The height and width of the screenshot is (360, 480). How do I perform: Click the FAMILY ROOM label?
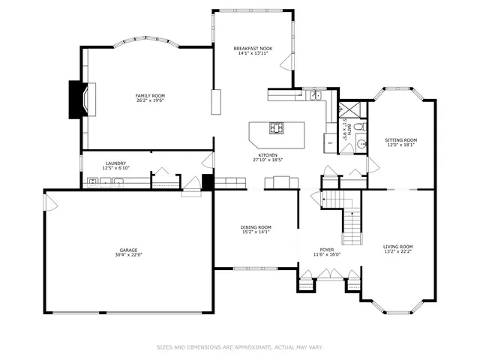pos(150,95)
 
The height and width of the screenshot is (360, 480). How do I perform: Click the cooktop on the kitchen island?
pos(277,128)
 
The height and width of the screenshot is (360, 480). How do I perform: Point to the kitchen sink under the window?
pos(316,95)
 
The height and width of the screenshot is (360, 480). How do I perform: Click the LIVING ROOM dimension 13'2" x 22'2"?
pos(397,252)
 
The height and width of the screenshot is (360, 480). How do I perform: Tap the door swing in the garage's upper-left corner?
pos(51,202)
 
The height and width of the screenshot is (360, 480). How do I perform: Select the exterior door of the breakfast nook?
pos(286,64)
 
